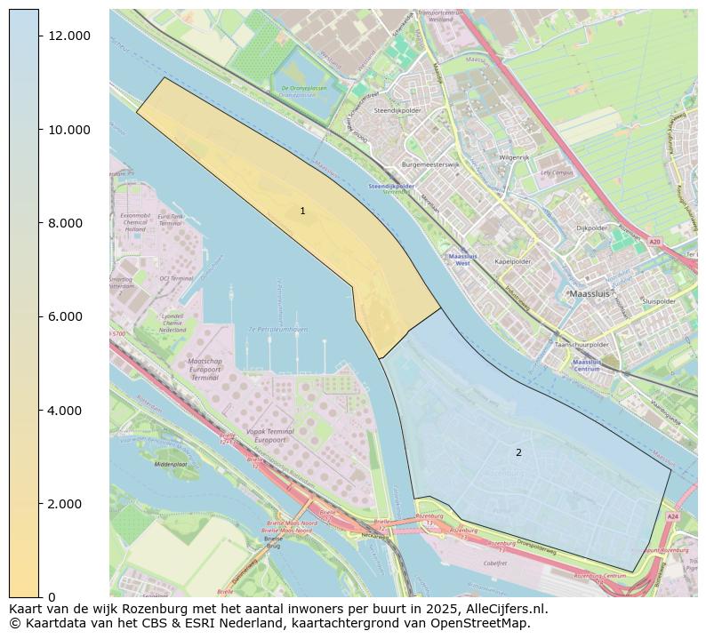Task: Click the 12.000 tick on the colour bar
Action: [x=68, y=36]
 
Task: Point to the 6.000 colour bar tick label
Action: [x=68, y=316]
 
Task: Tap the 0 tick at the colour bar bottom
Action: [x=51, y=597]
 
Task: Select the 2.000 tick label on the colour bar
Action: [x=68, y=504]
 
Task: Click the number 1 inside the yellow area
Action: [x=302, y=211]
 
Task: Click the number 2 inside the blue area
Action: [x=518, y=452]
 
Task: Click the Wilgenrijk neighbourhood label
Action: [x=514, y=156]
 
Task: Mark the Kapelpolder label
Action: [x=513, y=261]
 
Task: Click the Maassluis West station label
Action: [x=462, y=260]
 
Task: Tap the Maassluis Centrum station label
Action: [x=586, y=365]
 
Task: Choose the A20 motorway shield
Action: [x=654, y=242]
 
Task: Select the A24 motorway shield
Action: [x=672, y=516]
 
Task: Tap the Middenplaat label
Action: [x=171, y=464]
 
